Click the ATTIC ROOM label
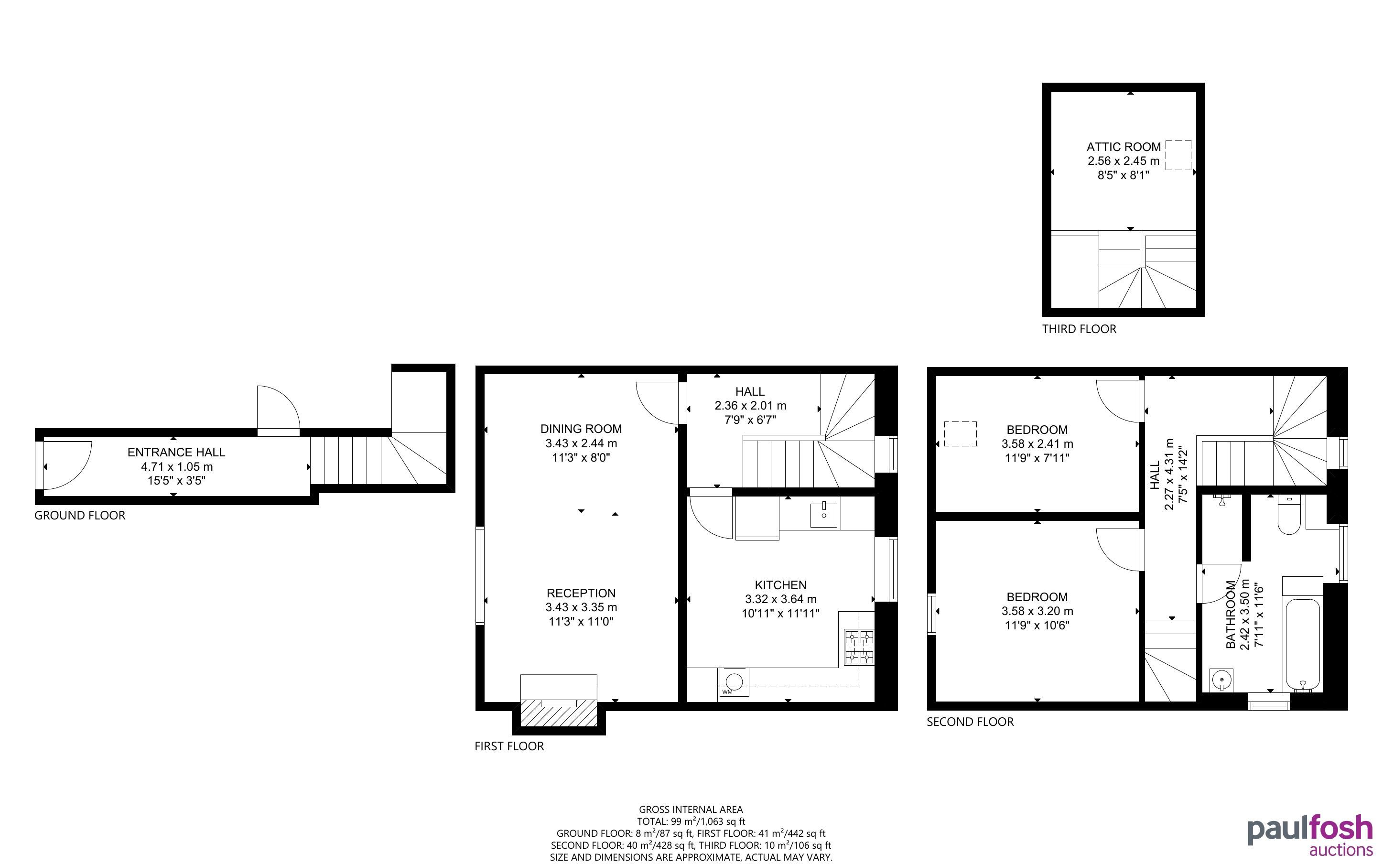click(1123, 147)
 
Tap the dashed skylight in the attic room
click(1178, 155)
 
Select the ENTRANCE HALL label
click(176, 453)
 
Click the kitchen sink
click(824, 515)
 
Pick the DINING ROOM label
click(581, 429)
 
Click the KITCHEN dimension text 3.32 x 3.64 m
click(780, 599)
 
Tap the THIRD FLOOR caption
click(1079, 329)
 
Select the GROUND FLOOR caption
click(80, 516)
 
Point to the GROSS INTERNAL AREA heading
click(691, 809)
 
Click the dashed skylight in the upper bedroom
click(960, 434)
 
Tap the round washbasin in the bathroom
click(1221, 680)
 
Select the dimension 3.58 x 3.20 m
click(1037, 611)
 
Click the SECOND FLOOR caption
click(970, 722)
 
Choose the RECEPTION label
click(581, 593)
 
